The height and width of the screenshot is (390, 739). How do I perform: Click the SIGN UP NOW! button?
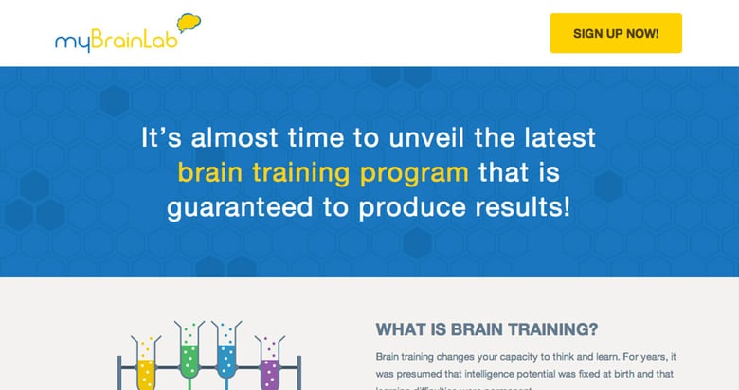pos(616,33)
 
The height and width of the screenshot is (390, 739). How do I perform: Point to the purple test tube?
pos(270,364)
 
